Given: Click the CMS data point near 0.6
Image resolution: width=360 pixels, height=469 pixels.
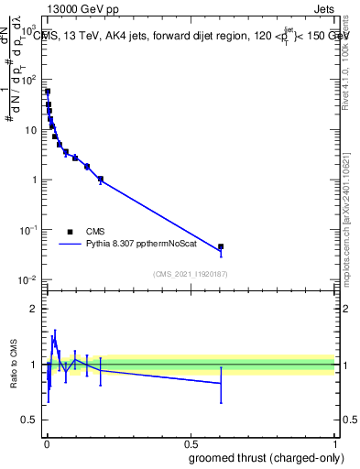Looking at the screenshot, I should [x=221, y=246].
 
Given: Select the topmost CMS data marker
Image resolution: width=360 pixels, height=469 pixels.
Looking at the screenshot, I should [x=48, y=92].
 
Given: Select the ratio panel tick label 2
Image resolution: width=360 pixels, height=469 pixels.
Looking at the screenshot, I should [x=35, y=309].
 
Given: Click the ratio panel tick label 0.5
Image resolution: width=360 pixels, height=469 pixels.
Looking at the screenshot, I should [x=31, y=420].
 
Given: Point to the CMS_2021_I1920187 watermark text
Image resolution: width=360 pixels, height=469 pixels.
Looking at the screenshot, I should [x=190, y=274].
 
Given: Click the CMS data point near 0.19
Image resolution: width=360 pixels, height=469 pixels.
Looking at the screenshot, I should [x=101, y=180].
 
